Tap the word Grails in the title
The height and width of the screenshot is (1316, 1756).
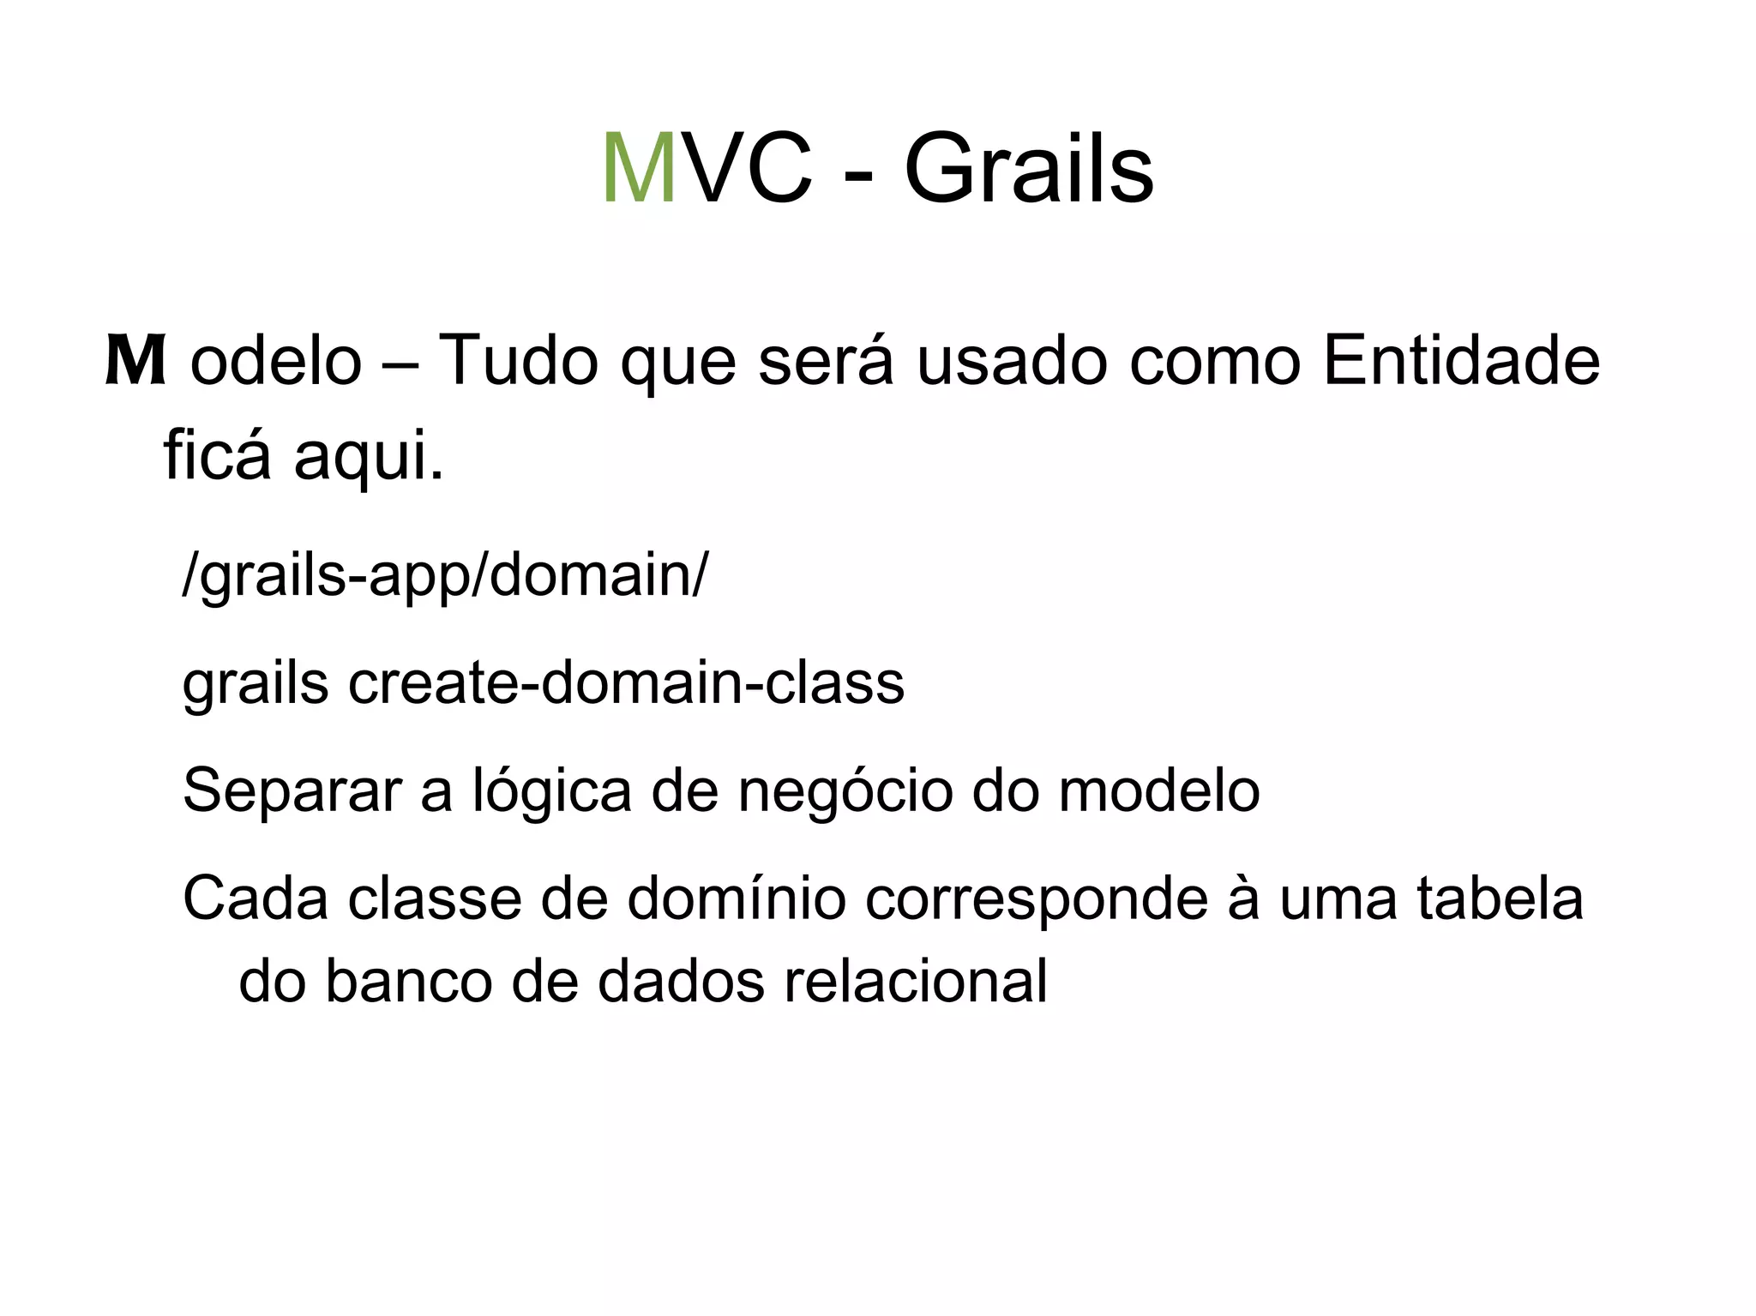pos(1028,169)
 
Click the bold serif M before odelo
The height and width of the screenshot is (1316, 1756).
pos(135,362)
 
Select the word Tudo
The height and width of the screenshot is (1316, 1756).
pos(518,360)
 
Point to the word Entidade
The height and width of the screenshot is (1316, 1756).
pos(1460,360)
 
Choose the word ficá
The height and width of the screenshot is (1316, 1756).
pos(217,454)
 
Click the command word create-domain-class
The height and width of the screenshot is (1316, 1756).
pos(626,683)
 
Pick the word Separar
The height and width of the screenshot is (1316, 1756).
pos(292,791)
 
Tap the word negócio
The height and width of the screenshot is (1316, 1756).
pos(845,791)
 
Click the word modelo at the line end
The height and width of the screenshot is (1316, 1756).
pos(1158,791)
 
